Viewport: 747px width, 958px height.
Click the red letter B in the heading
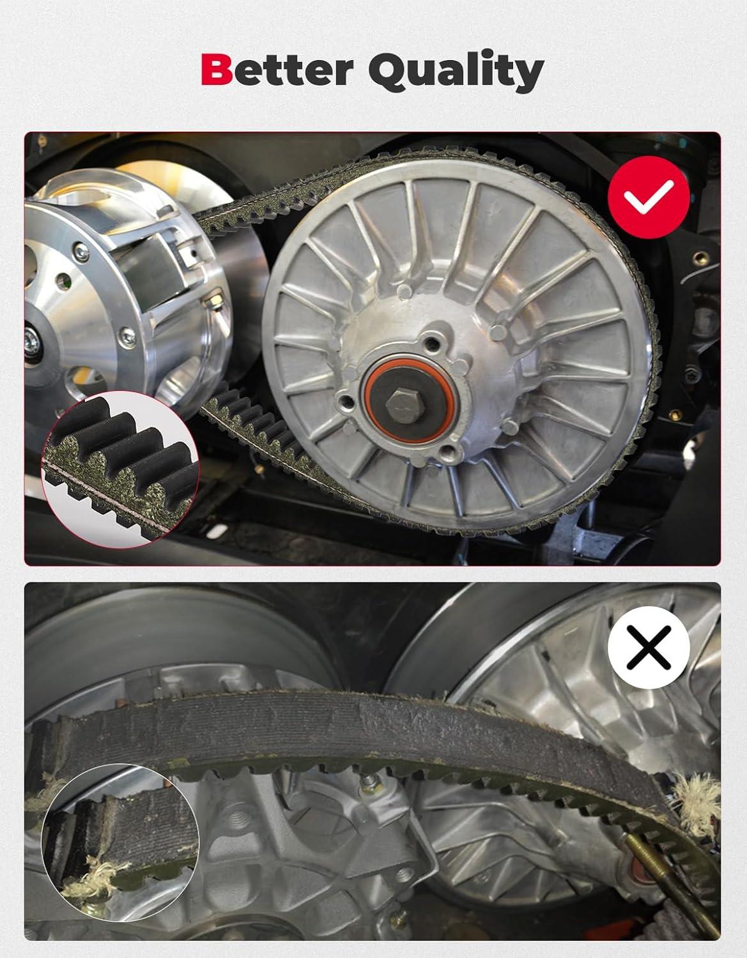tap(217, 69)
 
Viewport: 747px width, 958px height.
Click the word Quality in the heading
tap(456, 70)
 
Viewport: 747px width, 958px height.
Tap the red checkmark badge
tap(649, 197)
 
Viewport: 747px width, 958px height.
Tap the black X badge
tap(649, 647)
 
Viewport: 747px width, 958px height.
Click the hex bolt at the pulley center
tap(405, 405)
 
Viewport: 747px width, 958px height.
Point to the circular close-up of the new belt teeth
tap(120, 469)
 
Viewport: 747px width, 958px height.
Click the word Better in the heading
tap(277, 69)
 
